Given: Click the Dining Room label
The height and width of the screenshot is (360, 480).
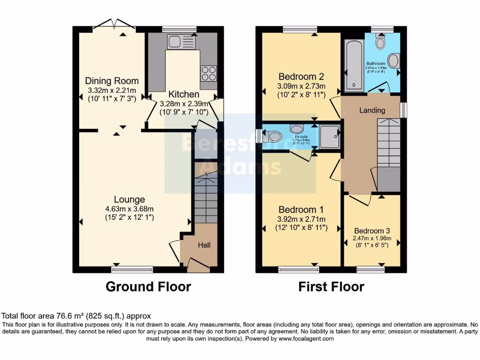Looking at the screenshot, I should pyautogui.click(x=112, y=81).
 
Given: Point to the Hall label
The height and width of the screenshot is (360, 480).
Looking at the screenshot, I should pyautogui.click(x=204, y=245).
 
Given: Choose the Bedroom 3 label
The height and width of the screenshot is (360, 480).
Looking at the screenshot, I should pyautogui.click(x=372, y=231).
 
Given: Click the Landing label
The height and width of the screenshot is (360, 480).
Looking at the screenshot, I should pyautogui.click(x=372, y=111).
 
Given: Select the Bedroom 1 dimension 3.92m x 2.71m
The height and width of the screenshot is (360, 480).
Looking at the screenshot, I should pyautogui.click(x=301, y=219).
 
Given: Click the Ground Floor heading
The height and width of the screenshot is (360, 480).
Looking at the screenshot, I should pyautogui.click(x=148, y=286).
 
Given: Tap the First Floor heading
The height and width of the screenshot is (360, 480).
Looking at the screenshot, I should pyautogui.click(x=331, y=286).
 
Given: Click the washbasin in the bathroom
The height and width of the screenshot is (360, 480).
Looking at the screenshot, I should pyautogui.click(x=394, y=61).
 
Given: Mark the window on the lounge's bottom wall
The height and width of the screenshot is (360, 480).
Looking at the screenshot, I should pyautogui.click(x=132, y=269).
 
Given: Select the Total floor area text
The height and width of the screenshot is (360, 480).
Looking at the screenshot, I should pyautogui.click(x=76, y=316).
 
